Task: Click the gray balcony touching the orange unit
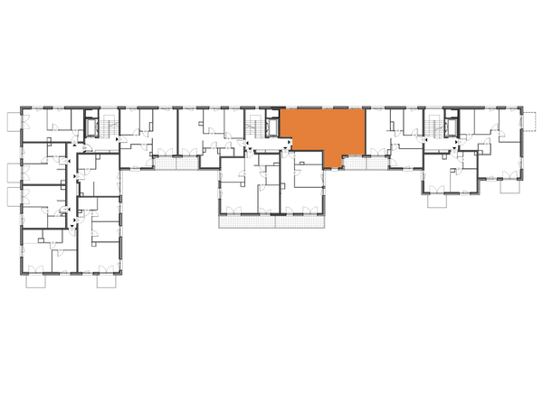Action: [354, 164]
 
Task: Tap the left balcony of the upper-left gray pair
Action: [165, 164]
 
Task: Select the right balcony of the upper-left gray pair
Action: [186, 164]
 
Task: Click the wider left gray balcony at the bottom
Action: [246, 220]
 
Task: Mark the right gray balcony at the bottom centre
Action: [299, 220]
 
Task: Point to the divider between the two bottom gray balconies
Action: [274, 220]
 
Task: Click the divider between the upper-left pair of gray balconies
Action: [176, 164]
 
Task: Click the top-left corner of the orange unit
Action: [281, 109]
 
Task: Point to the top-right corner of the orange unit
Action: [364, 109]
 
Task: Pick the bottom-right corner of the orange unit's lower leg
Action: [342, 169]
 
